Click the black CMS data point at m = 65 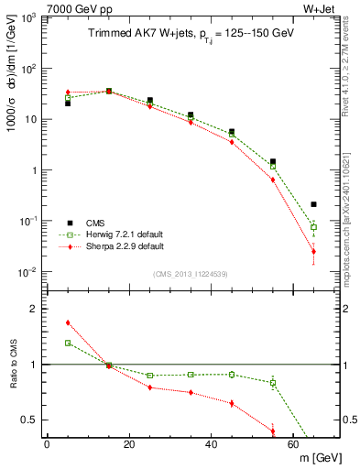[x=313, y=204]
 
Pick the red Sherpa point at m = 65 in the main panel [x=313, y=251]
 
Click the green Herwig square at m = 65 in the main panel [x=313, y=227]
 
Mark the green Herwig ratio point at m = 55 [x=273, y=383]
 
